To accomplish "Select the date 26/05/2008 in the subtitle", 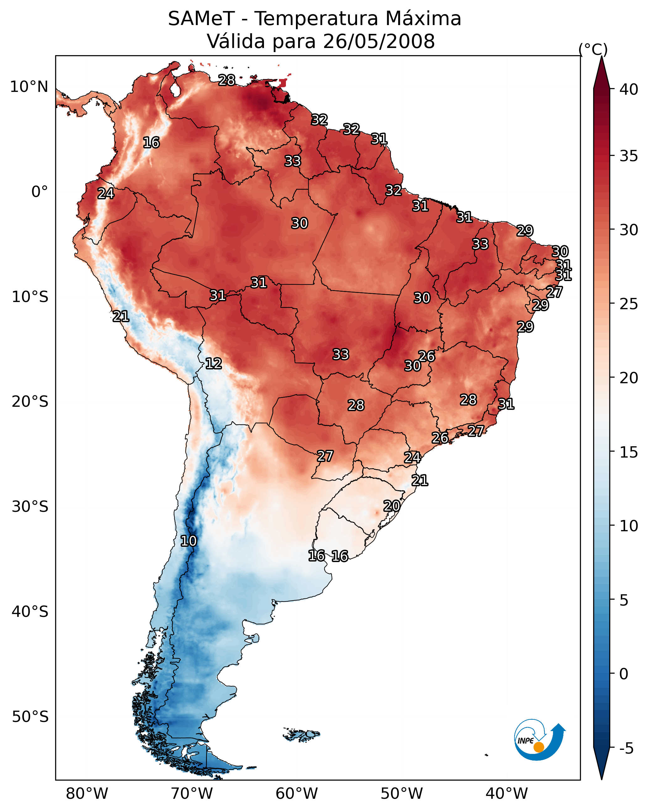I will tap(379, 41).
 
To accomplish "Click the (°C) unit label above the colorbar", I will tap(593, 49).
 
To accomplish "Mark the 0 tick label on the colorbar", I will tap(624, 674).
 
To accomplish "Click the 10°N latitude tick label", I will tap(29, 87).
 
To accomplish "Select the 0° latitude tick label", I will tap(40, 192).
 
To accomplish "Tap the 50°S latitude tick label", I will tap(30, 717).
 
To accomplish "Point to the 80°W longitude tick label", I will tap(87, 794).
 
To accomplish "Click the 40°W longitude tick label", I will tap(507, 794).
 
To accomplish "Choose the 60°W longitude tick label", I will tap(297, 794).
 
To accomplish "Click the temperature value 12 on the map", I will tap(213, 364).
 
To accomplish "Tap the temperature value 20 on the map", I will tap(392, 506).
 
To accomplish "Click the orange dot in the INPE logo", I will tap(539, 747).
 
